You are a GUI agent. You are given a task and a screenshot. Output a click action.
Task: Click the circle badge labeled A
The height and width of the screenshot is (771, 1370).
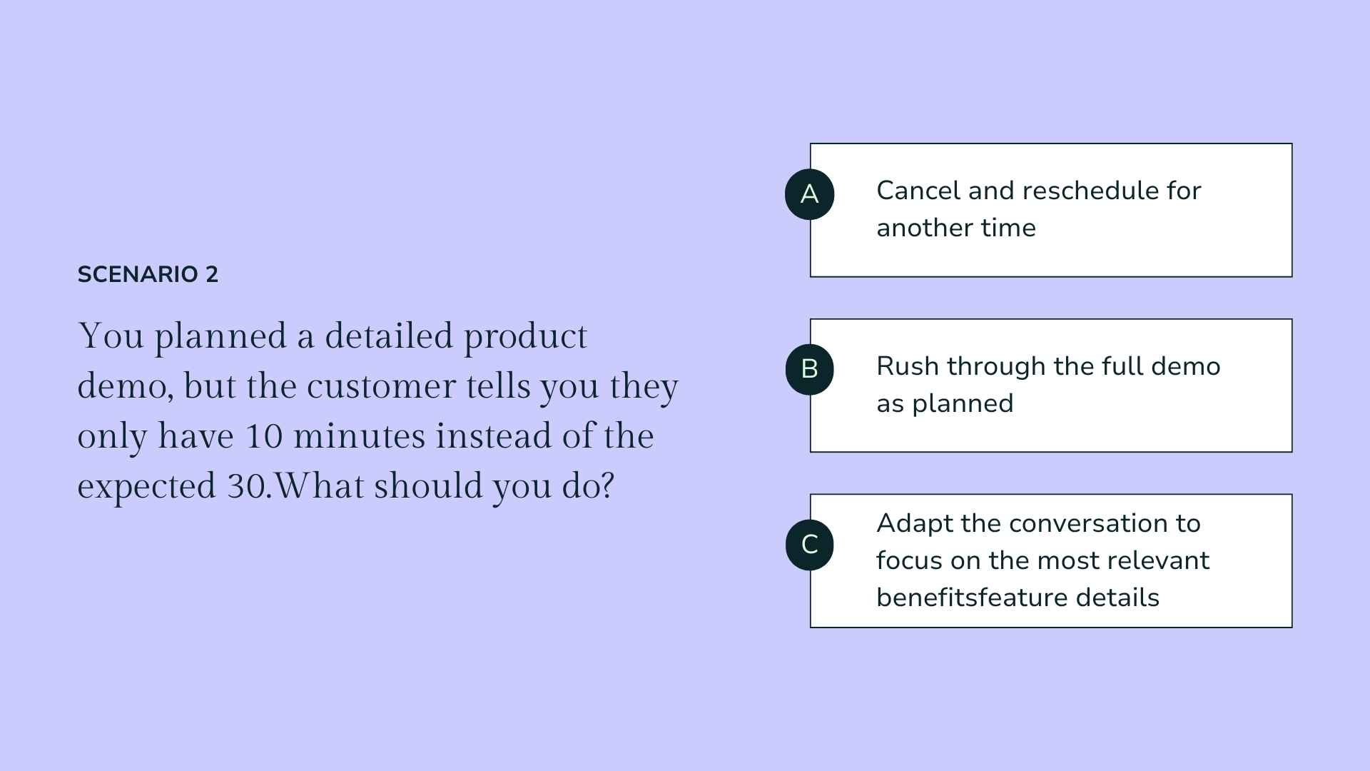809,194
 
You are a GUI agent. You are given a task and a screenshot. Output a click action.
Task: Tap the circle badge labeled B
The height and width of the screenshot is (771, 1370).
809,369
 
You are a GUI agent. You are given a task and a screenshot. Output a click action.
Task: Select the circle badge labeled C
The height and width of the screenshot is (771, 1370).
809,545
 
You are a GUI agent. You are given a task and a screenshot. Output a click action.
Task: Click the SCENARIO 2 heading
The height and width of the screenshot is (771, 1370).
148,275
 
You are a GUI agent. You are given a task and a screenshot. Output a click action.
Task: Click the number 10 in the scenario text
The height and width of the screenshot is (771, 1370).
264,436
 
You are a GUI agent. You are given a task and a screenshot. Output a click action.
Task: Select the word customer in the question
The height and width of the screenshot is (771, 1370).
381,386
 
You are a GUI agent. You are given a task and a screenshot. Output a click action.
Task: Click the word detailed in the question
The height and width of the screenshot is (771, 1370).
389,336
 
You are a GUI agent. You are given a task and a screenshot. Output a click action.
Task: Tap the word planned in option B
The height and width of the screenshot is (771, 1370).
963,404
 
